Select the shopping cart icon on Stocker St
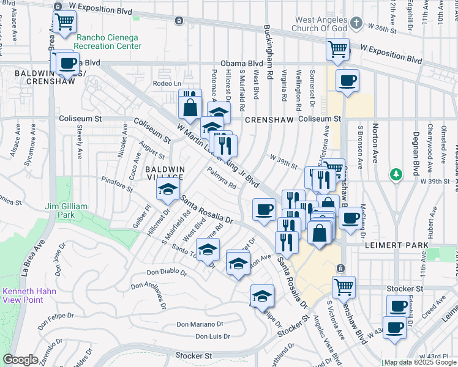(x=344, y=286)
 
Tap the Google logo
(x=21, y=360)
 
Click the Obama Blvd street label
(x=241, y=63)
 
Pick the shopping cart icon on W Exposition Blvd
(x=337, y=49)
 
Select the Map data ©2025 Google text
(x=420, y=362)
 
